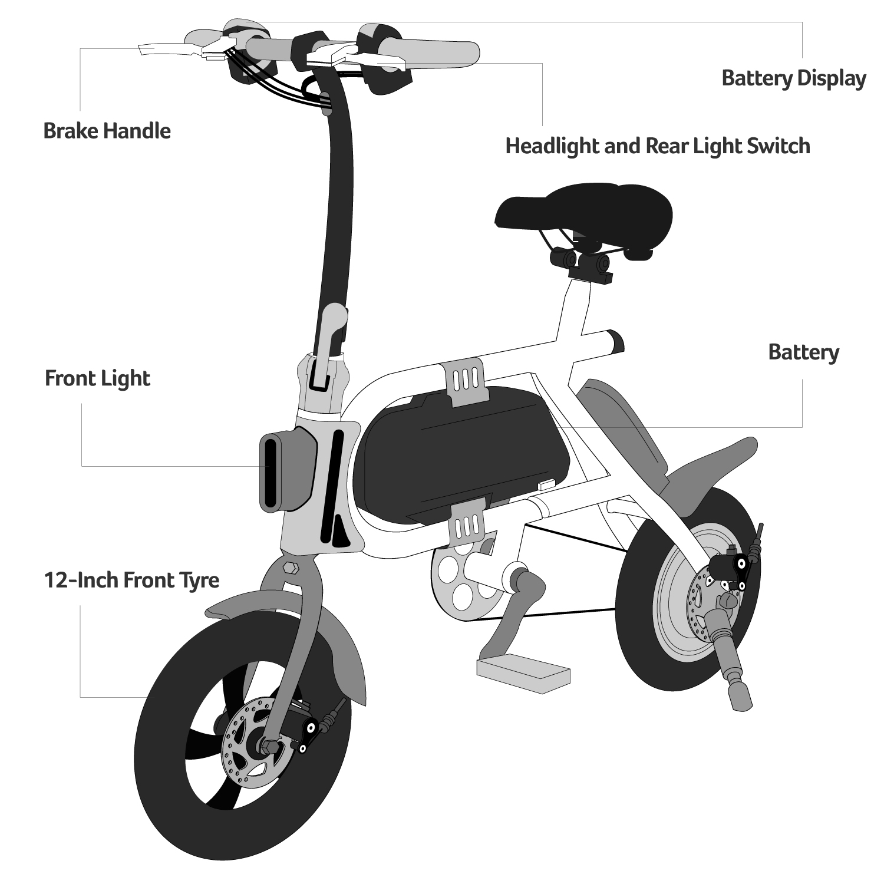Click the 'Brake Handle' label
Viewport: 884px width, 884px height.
point(107,131)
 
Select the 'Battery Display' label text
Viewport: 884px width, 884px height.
point(794,78)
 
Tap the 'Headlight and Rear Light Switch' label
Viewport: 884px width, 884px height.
point(658,146)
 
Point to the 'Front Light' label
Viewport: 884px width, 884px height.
point(98,378)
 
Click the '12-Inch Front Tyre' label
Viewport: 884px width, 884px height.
point(132,580)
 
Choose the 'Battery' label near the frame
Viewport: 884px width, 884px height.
point(803,352)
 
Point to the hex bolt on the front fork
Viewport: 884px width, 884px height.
point(291,568)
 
